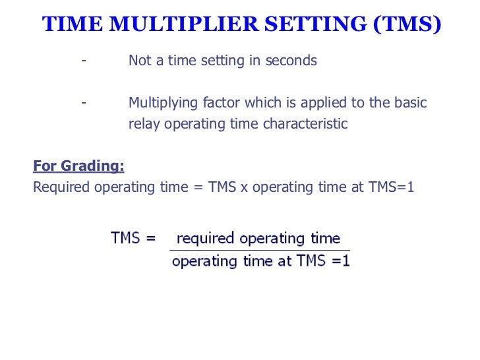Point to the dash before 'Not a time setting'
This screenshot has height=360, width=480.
[83, 61]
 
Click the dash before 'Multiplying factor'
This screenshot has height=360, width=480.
[83, 103]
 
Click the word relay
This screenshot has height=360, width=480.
[144, 124]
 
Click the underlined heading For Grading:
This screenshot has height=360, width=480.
[78, 166]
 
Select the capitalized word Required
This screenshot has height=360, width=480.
[61, 187]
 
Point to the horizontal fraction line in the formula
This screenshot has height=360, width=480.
[260, 250]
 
